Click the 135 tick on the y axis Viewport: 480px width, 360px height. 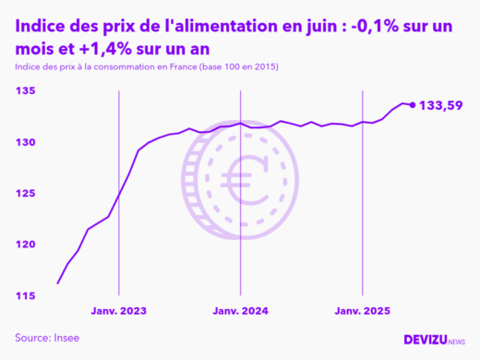[x=26, y=91]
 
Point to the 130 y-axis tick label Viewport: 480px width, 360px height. [x=26, y=142]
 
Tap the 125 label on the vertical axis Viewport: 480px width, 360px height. [x=26, y=193]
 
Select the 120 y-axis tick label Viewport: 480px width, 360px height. [x=26, y=245]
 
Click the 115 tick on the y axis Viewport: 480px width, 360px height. [x=26, y=295]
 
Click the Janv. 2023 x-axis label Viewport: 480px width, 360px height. [x=119, y=311]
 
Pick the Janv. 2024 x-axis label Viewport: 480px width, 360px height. [x=240, y=311]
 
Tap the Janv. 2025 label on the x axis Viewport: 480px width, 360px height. [x=362, y=311]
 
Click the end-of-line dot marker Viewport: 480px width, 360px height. [x=412, y=104]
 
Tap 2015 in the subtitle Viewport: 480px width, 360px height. [x=262, y=68]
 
